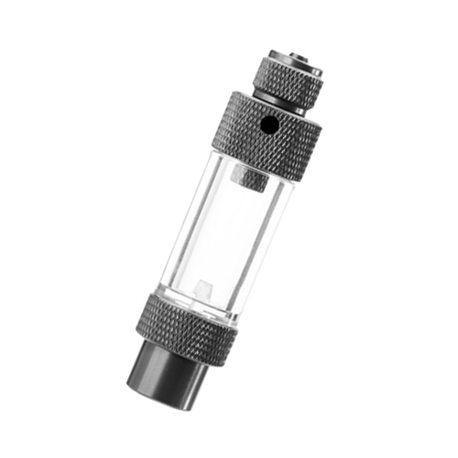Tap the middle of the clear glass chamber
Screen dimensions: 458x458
pyautogui.click(x=224, y=234)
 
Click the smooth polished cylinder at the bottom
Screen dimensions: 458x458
pyautogui.click(x=169, y=376)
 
